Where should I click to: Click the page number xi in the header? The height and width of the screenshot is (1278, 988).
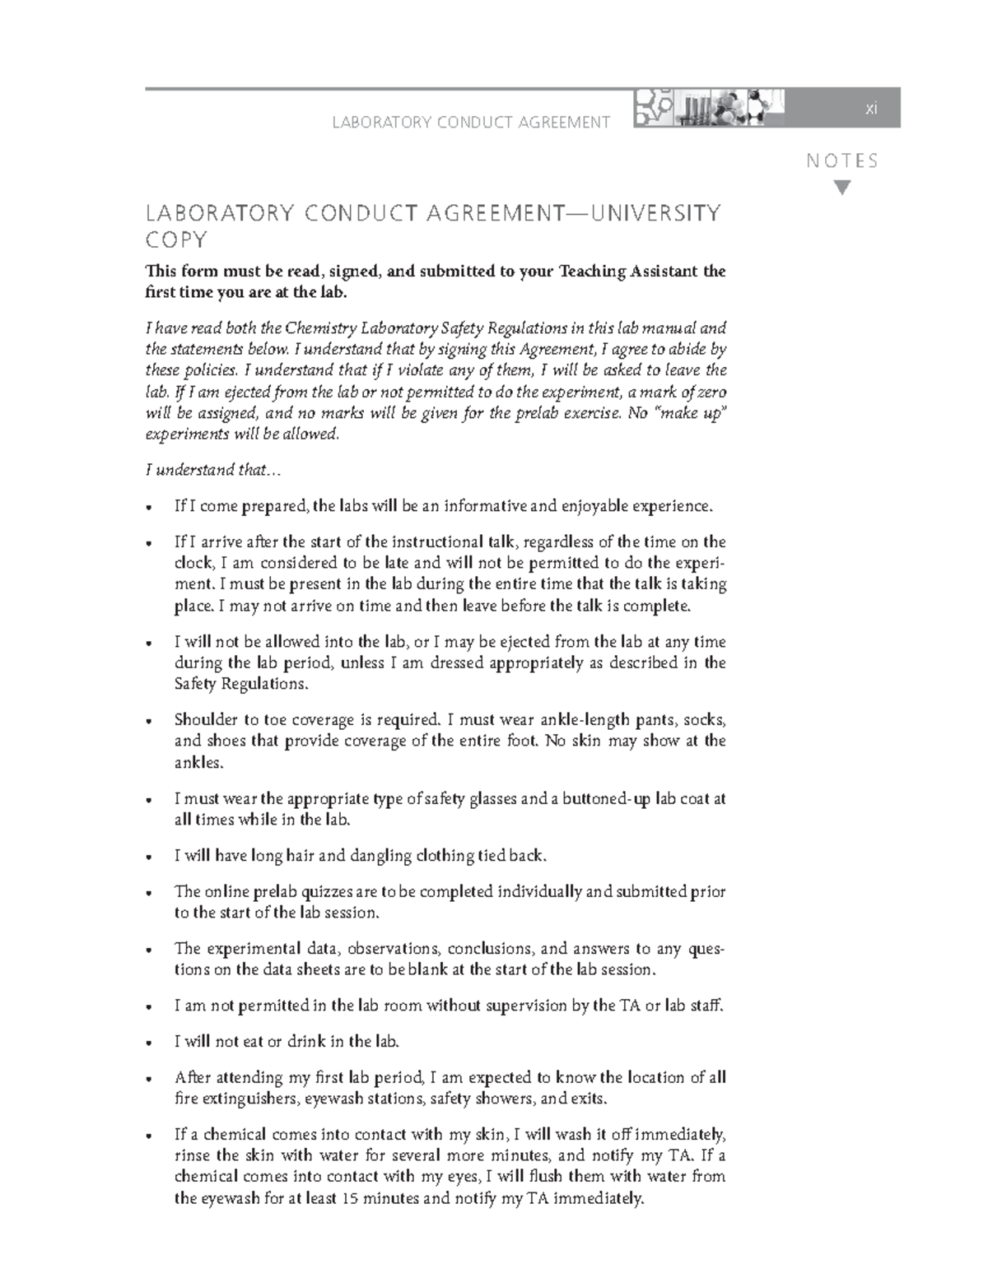pyautogui.click(x=870, y=109)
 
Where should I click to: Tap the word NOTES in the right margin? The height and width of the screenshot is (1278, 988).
pyautogui.click(x=842, y=161)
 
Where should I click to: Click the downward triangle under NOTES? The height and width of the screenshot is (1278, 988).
pyautogui.click(x=841, y=188)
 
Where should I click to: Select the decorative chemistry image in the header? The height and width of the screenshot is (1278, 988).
pyautogui.click(x=708, y=109)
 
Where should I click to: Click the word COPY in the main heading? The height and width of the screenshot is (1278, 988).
pyautogui.click(x=176, y=240)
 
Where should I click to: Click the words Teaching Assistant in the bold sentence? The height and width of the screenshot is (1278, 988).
pyautogui.click(x=628, y=272)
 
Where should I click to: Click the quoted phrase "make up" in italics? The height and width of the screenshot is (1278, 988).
pyautogui.click(x=691, y=413)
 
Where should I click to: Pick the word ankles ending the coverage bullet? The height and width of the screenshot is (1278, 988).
pyautogui.click(x=198, y=763)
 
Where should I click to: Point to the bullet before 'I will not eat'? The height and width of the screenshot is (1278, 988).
pyautogui.click(x=148, y=1043)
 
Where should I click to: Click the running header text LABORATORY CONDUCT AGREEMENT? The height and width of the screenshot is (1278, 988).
pyautogui.click(x=471, y=123)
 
